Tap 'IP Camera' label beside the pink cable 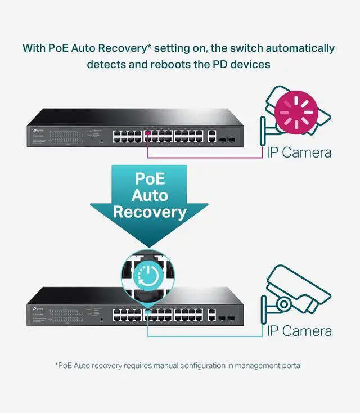click(x=299, y=152)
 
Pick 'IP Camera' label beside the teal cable click(x=299, y=331)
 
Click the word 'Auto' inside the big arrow click(x=150, y=195)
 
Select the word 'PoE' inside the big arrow click(x=150, y=178)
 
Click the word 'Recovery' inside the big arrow click(x=150, y=212)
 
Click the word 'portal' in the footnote click(x=290, y=366)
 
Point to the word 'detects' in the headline click(x=106, y=64)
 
